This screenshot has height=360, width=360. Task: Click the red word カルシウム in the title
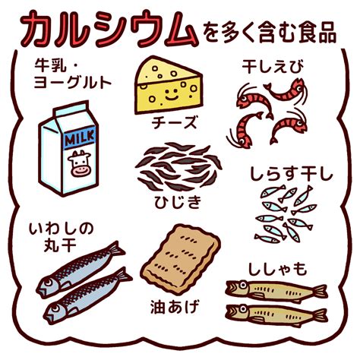109,29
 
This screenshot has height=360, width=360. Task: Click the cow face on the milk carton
79,163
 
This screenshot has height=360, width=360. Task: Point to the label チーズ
174,122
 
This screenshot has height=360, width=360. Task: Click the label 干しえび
273,67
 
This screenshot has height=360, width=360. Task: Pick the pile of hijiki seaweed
178,166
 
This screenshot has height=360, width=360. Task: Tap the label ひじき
178,202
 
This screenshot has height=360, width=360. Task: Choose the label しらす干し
291,173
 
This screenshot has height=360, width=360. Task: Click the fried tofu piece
180,260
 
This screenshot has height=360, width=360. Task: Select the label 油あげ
175,307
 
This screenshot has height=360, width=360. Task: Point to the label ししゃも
277,269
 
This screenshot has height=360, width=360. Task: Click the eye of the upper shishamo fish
243,286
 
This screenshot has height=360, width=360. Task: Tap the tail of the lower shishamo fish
320,315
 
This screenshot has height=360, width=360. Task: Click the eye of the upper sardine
48,283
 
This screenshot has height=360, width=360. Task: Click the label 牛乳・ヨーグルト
73,74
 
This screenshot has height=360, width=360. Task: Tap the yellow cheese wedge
169,85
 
